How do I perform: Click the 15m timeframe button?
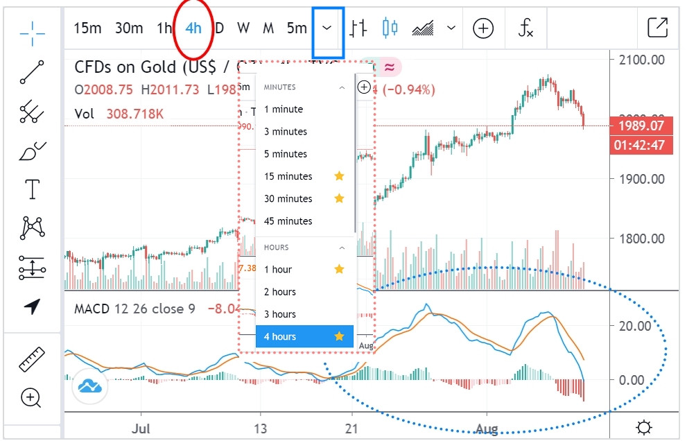coord(87,28)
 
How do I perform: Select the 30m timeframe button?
coord(129,28)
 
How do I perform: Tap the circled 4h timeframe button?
coord(193,28)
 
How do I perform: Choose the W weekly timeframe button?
coord(243,28)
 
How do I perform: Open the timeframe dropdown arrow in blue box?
coord(328,28)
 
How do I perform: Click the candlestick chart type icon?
coord(390,28)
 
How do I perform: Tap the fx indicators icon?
coord(526,28)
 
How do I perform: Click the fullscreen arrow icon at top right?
coord(656,28)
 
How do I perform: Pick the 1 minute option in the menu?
coord(284,110)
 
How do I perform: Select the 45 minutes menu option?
coord(288,221)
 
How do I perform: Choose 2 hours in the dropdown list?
coord(280,292)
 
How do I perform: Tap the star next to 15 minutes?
coord(339,176)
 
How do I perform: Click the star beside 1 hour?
coord(339,269)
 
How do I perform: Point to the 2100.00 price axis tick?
coord(641,60)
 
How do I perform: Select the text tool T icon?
coord(32,189)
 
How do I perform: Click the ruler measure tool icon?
coord(32,360)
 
